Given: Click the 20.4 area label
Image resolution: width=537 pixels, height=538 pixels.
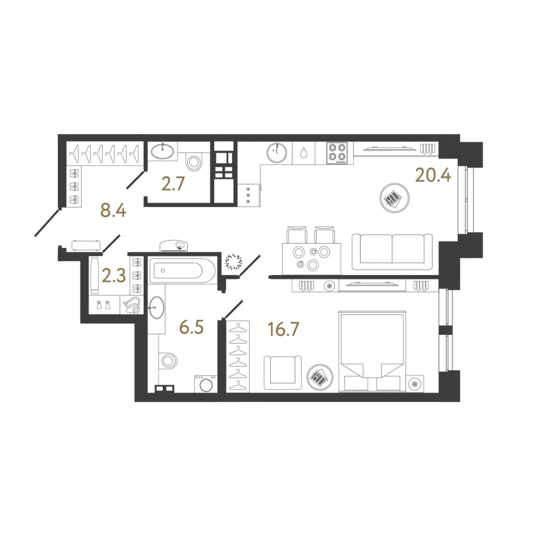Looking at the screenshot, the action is (433, 175).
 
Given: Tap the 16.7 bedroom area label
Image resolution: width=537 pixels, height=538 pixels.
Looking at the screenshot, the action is (283, 329).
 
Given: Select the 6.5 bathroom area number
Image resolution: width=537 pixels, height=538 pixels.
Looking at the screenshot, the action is (191, 327).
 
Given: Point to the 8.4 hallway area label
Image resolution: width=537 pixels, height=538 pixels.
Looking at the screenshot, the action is (113, 210).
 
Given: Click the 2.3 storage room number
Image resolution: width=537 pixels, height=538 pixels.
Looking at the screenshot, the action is (113, 275).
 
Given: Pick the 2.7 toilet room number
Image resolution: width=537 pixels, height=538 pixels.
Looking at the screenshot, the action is (173, 184).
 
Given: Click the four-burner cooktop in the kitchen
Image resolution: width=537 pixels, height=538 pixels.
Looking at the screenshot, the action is (337, 153).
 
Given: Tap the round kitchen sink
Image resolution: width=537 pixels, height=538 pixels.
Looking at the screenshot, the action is (277, 153).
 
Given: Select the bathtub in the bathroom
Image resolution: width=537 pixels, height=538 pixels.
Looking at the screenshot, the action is (182, 271).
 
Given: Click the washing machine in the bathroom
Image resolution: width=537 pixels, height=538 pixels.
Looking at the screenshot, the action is (206, 384).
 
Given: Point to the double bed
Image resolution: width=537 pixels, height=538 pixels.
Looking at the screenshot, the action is (372, 351).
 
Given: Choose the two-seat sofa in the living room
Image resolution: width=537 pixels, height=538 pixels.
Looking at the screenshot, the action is (392, 252).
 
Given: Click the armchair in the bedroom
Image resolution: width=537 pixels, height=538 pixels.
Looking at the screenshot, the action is (282, 372).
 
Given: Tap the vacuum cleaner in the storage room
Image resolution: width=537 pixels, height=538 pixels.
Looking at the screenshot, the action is (132, 305).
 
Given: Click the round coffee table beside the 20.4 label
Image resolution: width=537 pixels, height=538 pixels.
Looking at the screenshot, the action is (395, 198).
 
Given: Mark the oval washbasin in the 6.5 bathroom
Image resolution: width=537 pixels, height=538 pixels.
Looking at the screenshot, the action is (156, 308).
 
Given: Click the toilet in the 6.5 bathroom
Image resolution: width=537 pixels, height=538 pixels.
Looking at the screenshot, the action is (168, 361).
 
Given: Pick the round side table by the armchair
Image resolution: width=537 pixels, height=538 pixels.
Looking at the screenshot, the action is (320, 377).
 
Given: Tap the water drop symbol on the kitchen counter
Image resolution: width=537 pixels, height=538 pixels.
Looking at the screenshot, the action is (304, 153).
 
